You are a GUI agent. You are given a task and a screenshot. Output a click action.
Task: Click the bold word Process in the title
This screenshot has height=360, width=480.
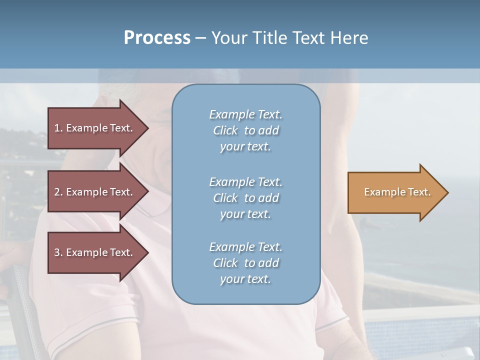pos(157,38)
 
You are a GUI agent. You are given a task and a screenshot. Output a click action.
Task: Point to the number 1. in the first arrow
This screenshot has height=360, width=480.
pos(58,128)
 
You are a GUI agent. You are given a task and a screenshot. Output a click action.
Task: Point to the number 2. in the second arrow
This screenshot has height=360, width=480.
pos(58,192)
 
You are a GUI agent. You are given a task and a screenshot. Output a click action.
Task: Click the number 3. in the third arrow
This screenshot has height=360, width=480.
pos(58,252)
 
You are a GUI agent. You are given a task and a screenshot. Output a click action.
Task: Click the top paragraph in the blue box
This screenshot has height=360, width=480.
pos(245,130)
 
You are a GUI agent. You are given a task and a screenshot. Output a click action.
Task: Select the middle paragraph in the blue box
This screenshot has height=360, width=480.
pos(245,197)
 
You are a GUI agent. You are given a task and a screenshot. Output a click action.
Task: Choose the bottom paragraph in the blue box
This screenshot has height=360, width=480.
pos(245,263)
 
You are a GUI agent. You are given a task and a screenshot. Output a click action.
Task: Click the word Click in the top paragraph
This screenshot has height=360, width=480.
pos(225,130)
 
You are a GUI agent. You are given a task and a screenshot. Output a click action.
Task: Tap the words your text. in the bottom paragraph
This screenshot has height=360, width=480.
pos(245,279)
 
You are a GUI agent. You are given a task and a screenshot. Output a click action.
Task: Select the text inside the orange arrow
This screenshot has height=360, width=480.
pos(397,192)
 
